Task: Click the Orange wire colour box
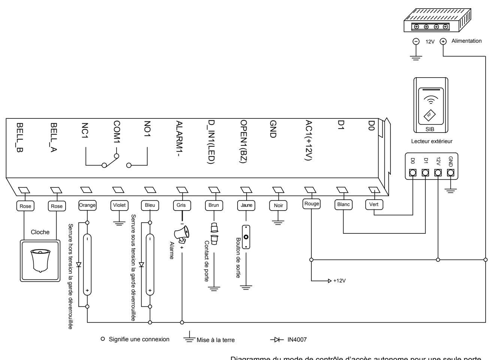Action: point(87,205)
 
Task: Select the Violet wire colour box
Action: point(119,205)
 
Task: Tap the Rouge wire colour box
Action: point(311,204)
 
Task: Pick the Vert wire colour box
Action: point(374,205)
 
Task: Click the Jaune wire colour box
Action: point(246,205)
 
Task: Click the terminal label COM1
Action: point(117,132)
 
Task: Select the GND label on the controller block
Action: point(273,129)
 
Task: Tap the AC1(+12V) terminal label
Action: point(309,140)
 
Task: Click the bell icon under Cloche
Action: point(40,261)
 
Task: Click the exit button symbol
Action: point(246,237)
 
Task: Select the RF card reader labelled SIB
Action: point(431,105)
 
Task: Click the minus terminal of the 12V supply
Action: point(416,42)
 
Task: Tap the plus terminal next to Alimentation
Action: point(443,42)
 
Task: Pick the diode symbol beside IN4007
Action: point(277,340)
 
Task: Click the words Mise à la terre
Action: point(216,340)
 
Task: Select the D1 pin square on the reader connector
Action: point(425,173)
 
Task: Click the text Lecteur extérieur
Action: point(432,141)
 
